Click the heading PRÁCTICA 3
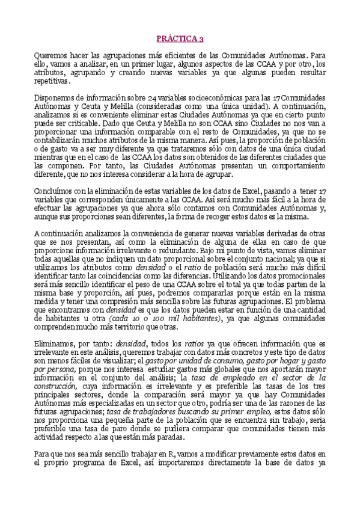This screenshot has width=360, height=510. [180, 38]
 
